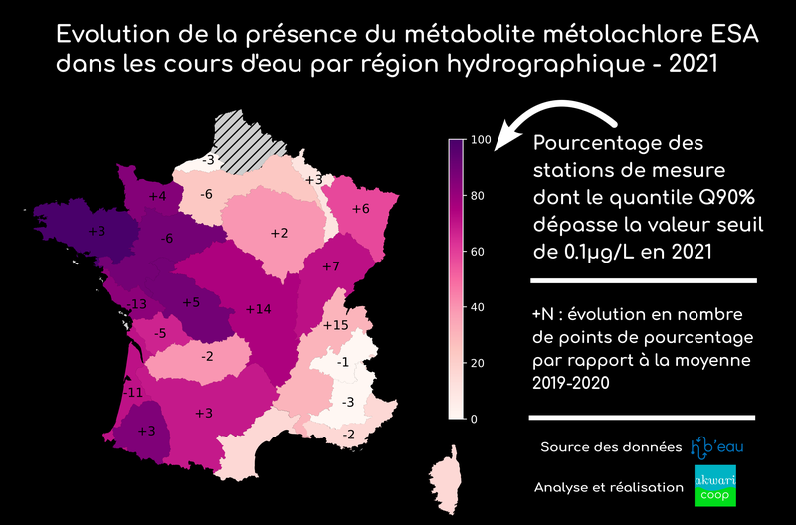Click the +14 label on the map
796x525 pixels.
pyautogui.click(x=258, y=309)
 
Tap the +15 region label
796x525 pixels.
pyautogui.click(x=336, y=325)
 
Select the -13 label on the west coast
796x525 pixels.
pyautogui.click(x=136, y=303)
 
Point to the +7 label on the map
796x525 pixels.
pyautogui.click(x=331, y=266)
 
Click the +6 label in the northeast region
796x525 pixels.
pyautogui.click(x=360, y=208)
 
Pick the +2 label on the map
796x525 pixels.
pyautogui.click(x=279, y=233)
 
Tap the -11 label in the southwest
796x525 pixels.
pyautogui.click(x=132, y=393)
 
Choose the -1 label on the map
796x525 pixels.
pyautogui.click(x=342, y=362)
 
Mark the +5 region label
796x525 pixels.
pyautogui.click(x=191, y=302)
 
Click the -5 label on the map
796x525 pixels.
pyautogui.click(x=160, y=333)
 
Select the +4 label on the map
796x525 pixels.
pyautogui.click(x=157, y=197)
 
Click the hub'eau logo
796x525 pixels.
pyautogui.click(x=716, y=447)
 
